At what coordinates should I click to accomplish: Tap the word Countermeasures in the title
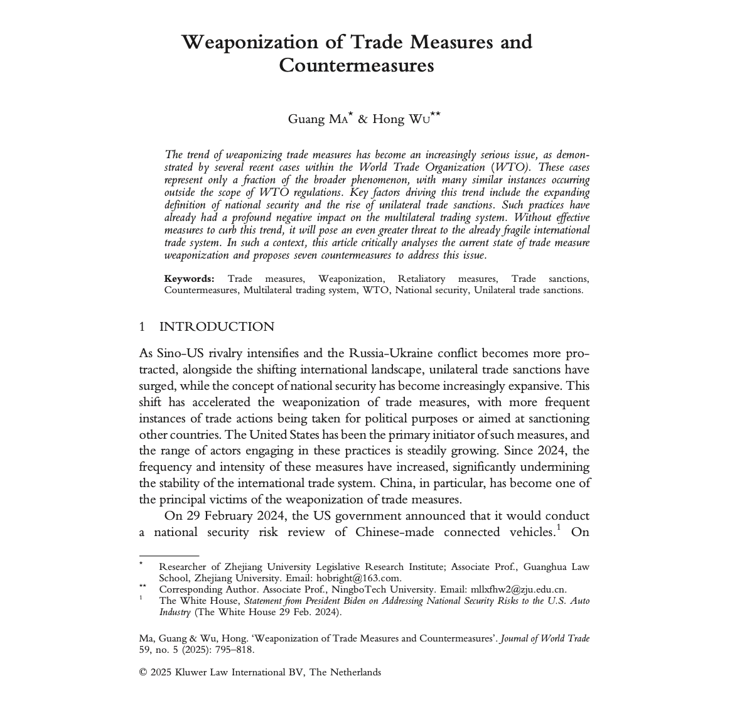356,66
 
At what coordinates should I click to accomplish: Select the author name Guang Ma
317,119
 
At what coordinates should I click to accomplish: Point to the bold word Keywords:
190,279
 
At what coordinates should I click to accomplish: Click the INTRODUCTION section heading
217,327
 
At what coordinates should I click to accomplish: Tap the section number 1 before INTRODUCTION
143,327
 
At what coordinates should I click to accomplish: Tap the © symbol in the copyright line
143,673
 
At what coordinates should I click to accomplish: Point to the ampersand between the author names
362,119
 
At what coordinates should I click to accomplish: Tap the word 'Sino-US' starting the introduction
178,353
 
